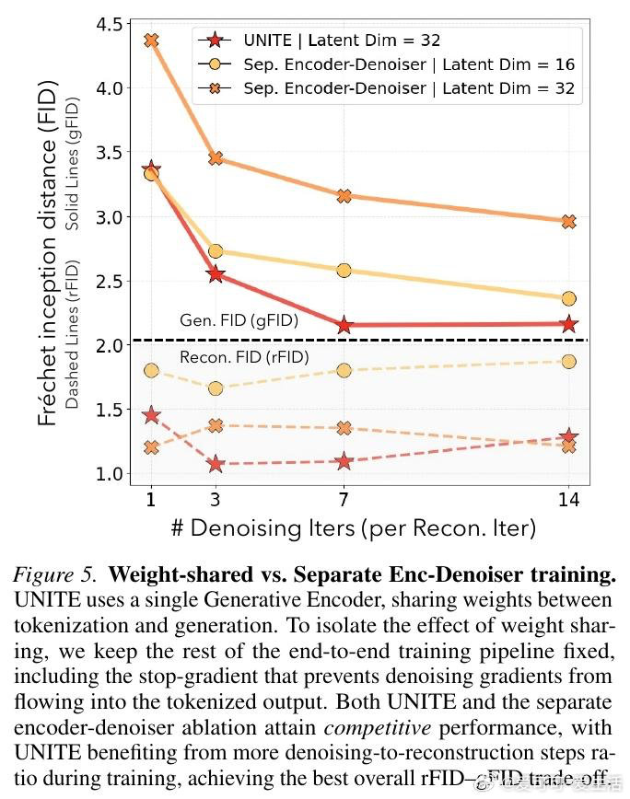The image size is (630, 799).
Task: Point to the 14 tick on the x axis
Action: point(568,501)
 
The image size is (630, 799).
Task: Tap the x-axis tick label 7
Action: point(343,501)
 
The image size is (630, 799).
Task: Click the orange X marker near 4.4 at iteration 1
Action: point(152,41)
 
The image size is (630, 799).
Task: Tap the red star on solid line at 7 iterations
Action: point(344,325)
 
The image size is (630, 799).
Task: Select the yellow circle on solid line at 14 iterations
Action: point(568,298)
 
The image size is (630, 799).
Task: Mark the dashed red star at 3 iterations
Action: point(216,463)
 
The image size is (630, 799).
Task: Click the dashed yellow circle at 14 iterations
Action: point(568,362)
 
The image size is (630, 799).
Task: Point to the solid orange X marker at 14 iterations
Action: point(568,222)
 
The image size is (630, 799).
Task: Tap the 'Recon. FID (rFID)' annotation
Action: point(243,357)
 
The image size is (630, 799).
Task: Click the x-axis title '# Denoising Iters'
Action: point(353,528)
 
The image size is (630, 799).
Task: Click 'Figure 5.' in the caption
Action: point(54,576)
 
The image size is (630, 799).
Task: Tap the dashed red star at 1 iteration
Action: point(152,415)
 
